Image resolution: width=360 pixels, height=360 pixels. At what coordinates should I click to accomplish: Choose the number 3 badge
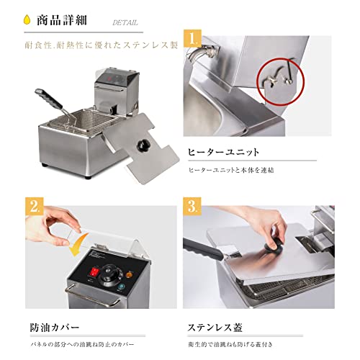[193, 207]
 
